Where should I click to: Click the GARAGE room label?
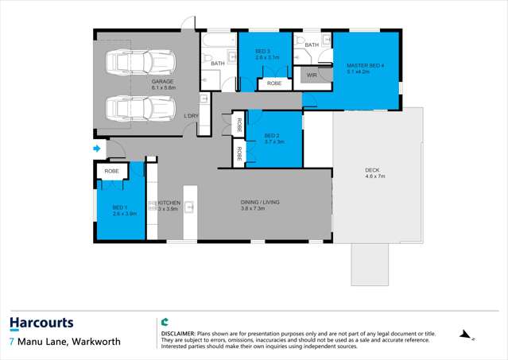pos(163,82)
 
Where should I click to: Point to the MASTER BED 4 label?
pos(365,65)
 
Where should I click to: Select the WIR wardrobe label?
pos(312,75)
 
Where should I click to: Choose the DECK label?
pos(372,170)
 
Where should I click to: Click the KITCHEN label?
pos(169,203)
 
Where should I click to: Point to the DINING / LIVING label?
pos(260,203)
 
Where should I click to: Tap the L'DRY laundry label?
pos(191,116)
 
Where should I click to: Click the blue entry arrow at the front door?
pos(97,148)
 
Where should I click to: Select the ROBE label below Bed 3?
pos(274,83)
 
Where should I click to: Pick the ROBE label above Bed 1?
pos(111,171)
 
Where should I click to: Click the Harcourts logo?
pos(41,323)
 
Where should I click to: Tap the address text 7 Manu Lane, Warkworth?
pos(65,342)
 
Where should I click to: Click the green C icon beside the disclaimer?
pos(165,323)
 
